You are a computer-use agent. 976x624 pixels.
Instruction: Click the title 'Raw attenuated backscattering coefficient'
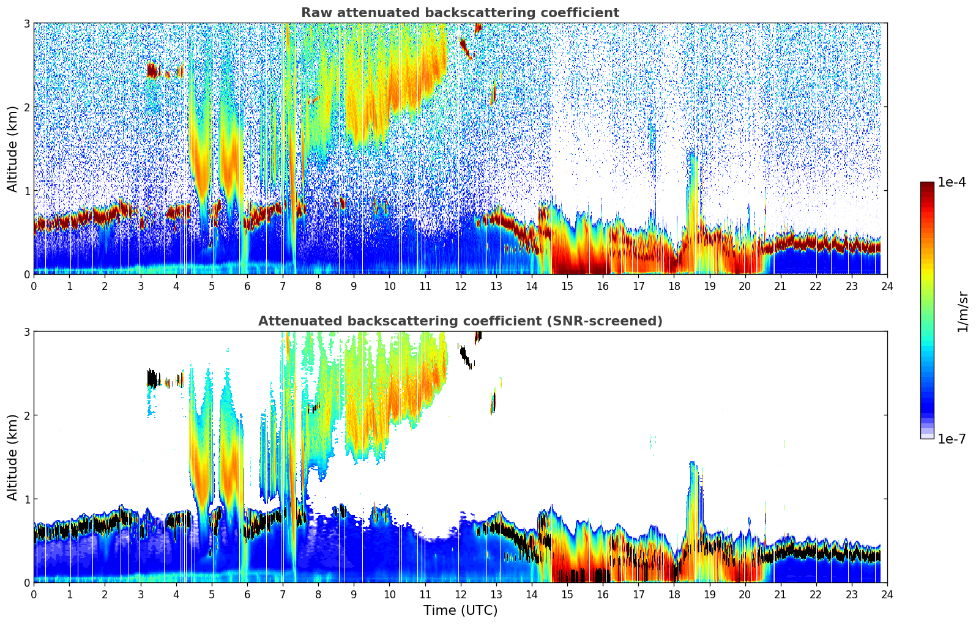click(460, 13)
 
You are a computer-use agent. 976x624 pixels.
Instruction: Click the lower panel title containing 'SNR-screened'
click(460, 321)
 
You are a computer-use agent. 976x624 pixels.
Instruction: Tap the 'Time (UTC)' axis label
click(460, 610)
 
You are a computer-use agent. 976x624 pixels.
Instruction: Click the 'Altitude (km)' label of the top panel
click(12, 149)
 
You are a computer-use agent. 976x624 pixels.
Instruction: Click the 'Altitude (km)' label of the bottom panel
click(12, 457)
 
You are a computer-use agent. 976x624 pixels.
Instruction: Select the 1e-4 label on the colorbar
click(952, 182)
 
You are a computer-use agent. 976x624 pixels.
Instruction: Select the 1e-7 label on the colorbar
click(952, 439)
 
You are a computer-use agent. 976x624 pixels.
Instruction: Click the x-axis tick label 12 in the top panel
click(460, 286)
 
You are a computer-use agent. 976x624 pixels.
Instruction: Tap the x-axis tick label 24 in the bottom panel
click(887, 594)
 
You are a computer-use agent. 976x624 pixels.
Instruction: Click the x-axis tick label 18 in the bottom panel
click(674, 594)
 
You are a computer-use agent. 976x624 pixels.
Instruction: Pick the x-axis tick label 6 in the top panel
click(247, 286)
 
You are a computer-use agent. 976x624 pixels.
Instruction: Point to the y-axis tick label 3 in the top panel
click(26, 23)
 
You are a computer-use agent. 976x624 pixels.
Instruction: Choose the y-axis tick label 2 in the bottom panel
click(26, 415)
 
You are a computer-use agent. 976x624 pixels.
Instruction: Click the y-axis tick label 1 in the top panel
click(26, 191)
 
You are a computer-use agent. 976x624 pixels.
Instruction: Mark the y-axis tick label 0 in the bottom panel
click(26, 582)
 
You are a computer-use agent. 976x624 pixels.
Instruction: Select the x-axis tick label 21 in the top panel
click(780, 286)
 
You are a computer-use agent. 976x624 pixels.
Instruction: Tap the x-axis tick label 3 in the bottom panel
click(140, 594)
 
